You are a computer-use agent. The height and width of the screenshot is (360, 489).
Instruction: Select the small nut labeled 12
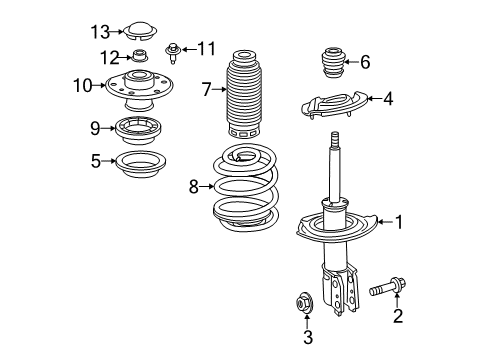point(140,58)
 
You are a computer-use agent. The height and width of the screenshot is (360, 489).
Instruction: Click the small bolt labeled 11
point(173,47)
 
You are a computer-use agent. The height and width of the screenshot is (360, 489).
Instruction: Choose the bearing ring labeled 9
point(138,129)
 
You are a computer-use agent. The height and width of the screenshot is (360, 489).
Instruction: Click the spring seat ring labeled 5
point(138,162)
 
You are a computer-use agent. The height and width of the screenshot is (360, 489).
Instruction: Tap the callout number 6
point(365,62)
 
